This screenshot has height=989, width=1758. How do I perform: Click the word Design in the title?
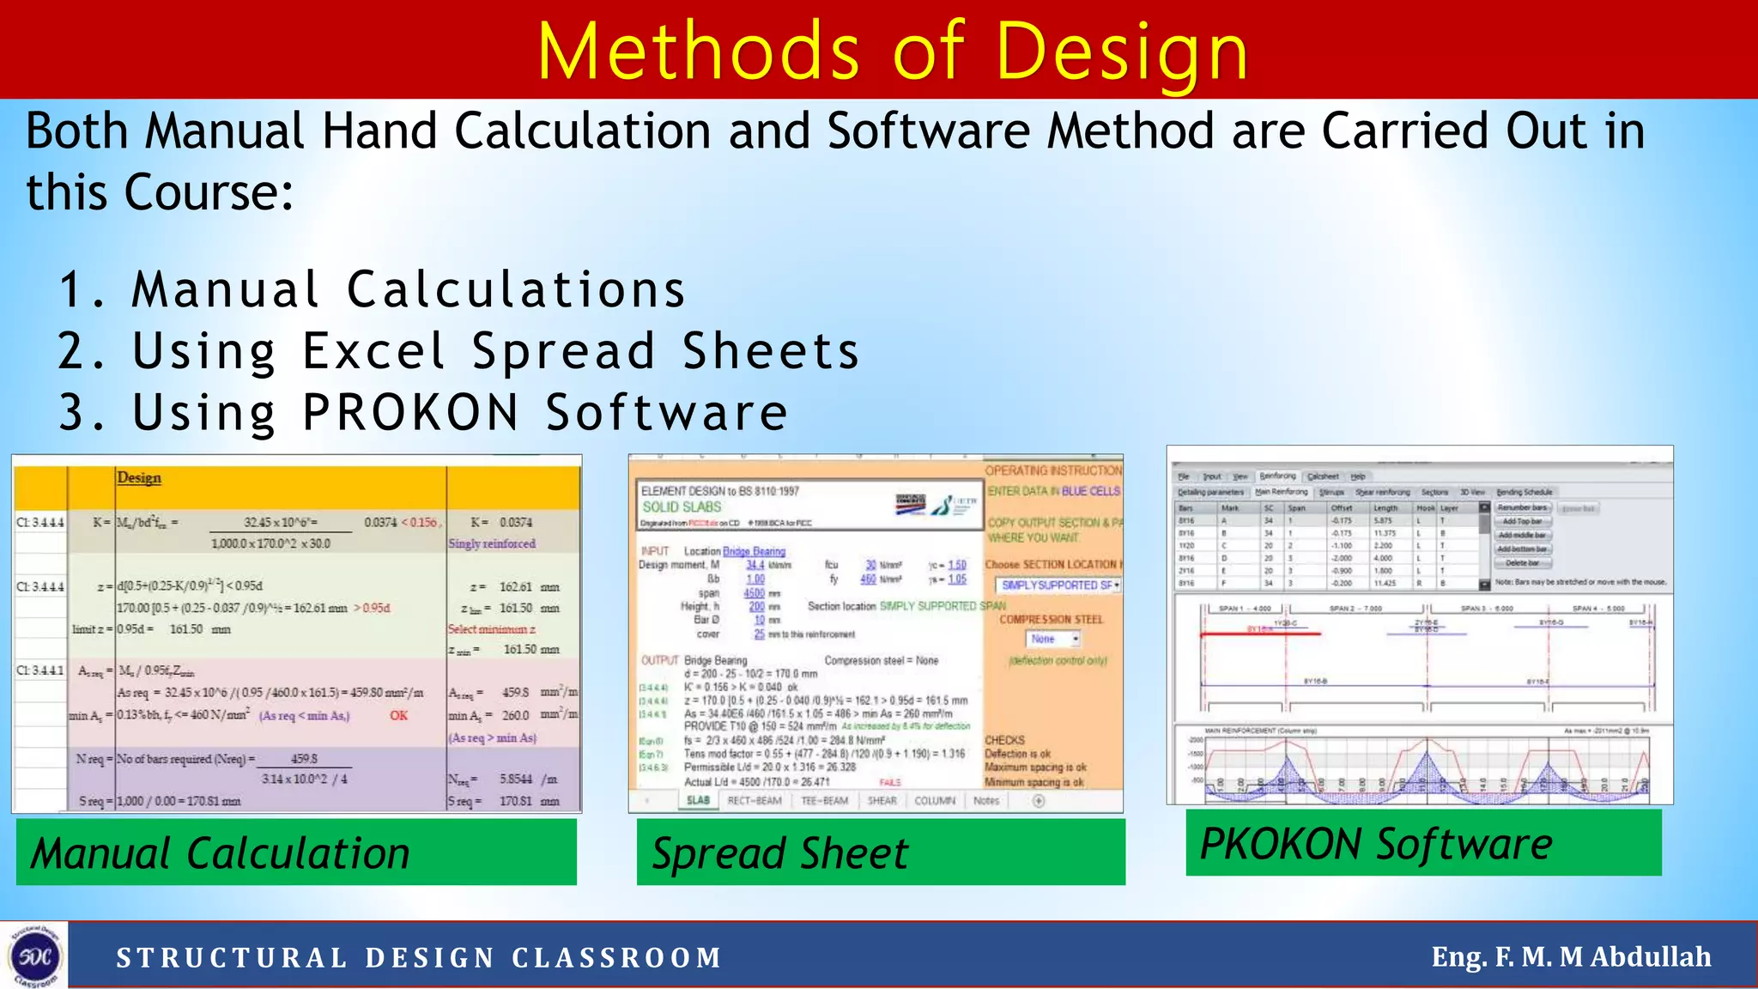point(1121,53)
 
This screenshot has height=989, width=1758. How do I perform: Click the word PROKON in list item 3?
point(411,413)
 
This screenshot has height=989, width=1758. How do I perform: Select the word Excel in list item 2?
point(373,352)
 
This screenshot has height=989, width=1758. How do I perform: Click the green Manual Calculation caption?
point(296,852)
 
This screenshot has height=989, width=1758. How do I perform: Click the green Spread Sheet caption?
point(880,852)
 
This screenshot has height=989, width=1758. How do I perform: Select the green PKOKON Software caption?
point(1422,843)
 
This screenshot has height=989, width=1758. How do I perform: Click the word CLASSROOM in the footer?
point(616,958)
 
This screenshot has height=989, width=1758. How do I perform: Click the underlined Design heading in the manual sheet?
point(138,478)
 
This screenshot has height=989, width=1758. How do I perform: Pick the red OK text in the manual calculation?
point(398,715)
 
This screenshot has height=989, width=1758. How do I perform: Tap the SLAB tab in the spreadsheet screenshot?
point(698,800)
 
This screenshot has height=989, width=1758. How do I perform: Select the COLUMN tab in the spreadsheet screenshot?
point(934,800)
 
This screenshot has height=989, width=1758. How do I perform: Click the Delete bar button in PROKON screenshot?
point(1523,563)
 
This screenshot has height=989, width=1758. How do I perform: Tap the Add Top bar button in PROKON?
point(1523,521)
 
